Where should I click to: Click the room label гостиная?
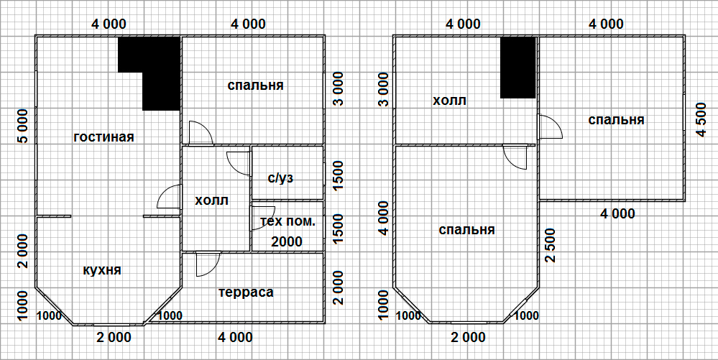(x=104, y=137)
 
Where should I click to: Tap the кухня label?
(x=102, y=270)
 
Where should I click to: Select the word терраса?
(x=247, y=292)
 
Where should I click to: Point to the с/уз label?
(x=280, y=178)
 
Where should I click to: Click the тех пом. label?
(x=287, y=222)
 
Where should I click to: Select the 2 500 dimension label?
(x=550, y=245)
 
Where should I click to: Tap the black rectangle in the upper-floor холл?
(x=518, y=68)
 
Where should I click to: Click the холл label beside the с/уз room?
(x=211, y=200)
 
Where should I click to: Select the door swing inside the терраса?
(x=208, y=264)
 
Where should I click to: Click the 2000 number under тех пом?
(x=287, y=241)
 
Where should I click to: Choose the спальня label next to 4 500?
(x=617, y=120)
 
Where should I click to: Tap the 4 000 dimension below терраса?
(x=235, y=338)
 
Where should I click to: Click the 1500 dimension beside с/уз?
(x=338, y=173)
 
